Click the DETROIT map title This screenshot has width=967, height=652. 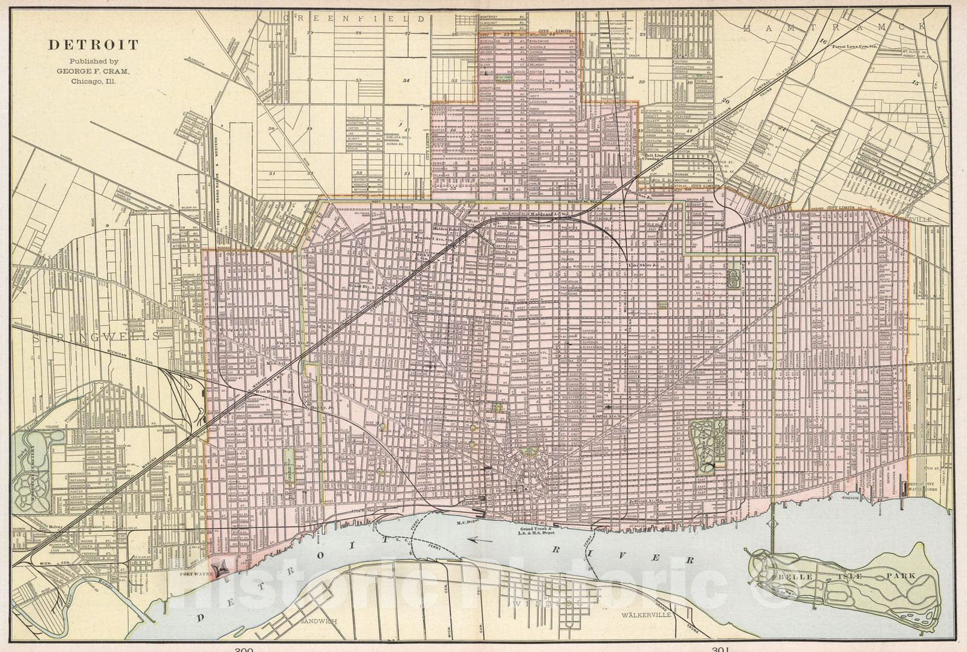coord(93,45)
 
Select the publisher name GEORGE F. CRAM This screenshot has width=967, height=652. coord(93,70)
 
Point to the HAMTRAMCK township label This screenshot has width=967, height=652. coord(835,27)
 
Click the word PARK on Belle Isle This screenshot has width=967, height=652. coord(901,576)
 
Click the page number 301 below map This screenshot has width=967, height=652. coord(721,649)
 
